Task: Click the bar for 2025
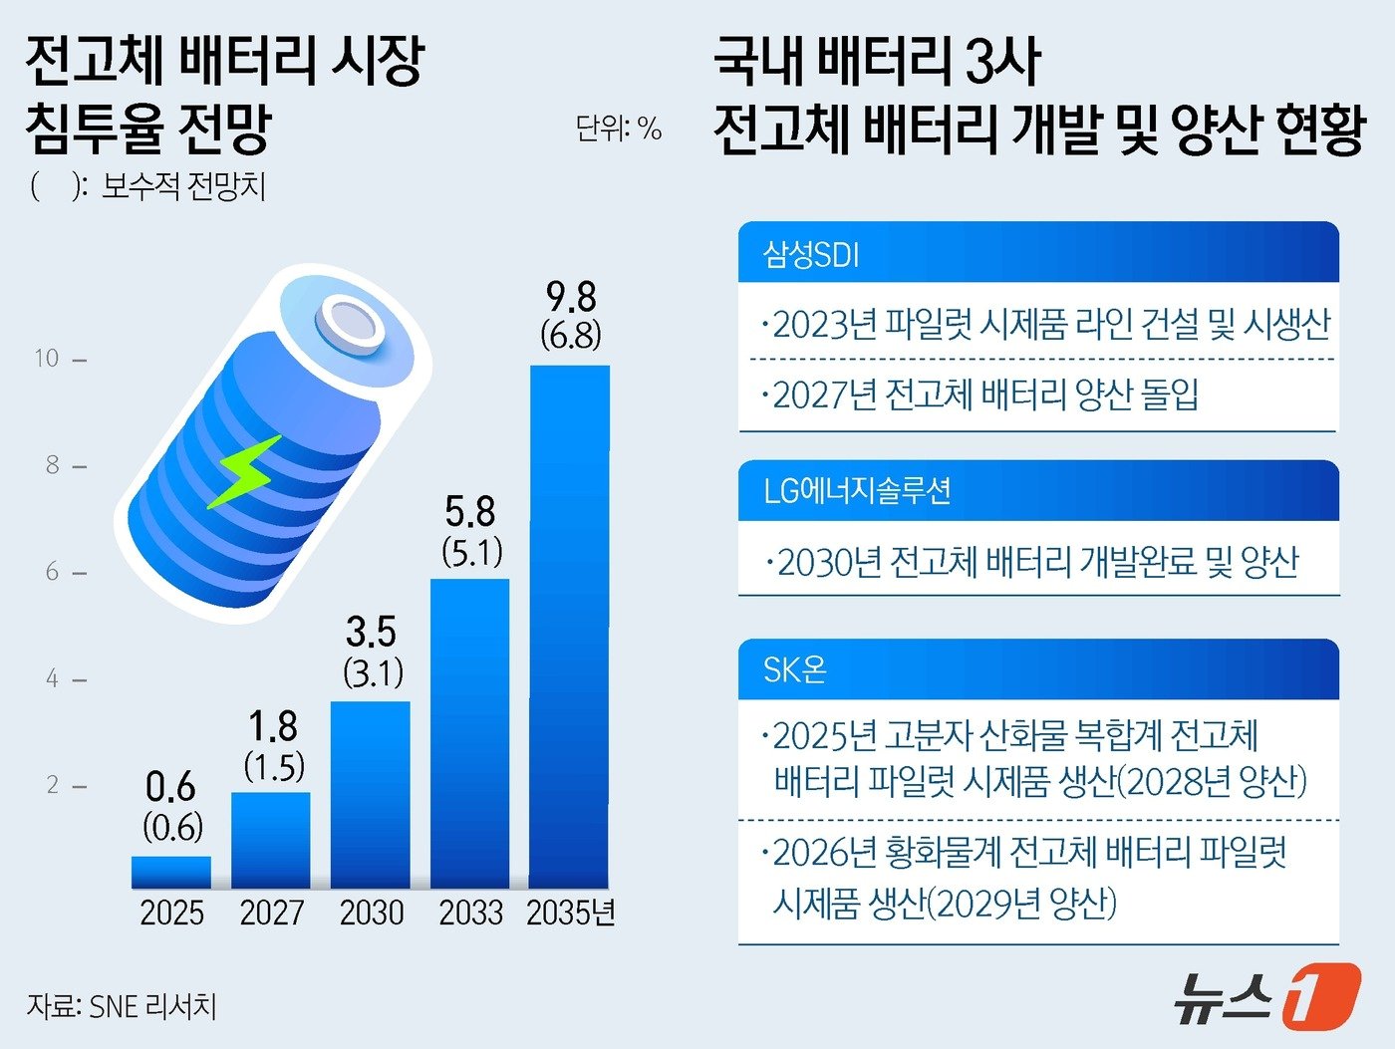point(171,872)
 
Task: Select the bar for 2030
point(371,794)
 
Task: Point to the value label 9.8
point(571,297)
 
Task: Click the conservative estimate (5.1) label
point(472,552)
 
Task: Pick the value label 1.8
point(273,726)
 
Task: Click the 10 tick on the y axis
point(47,359)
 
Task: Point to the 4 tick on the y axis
point(52,679)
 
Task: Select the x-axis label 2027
point(271,913)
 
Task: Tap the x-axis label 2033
point(471,913)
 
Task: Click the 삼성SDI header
point(811,254)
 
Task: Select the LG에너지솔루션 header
point(857,491)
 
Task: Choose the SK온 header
point(794,669)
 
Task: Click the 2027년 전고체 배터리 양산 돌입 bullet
point(981,395)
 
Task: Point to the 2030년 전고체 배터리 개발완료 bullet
point(1033,563)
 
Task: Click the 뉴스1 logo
point(1265,994)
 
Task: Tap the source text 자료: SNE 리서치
point(122,1006)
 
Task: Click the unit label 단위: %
point(618,129)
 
